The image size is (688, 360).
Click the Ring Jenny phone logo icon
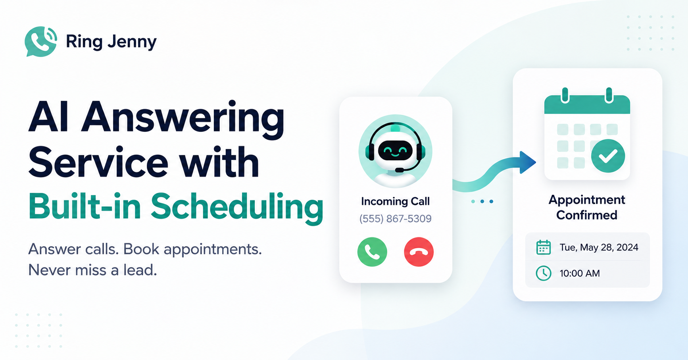(x=40, y=41)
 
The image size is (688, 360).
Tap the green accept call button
(x=372, y=252)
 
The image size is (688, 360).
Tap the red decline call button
(x=419, y=252)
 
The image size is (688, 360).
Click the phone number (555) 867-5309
(x=395, y=219)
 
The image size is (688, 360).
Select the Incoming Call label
(x=395, y=201)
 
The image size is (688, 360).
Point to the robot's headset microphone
(x=400, y=170)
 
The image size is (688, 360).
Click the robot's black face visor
(x=395, y=150)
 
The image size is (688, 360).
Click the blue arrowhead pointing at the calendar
(x=528, y=162)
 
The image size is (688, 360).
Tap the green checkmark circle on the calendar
(x=608, y=156)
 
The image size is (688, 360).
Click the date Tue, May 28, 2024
(x=599, y=247)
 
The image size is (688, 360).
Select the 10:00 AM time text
(x=580, y=273)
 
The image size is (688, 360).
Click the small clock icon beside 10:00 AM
(x=544, y=273)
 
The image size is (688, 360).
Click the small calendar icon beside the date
(x=544, y=247)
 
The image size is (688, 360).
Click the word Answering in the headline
(x=183, y=117)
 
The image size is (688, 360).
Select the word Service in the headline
(x=98, y=162)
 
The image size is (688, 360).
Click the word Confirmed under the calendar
(x=587, y=215)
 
